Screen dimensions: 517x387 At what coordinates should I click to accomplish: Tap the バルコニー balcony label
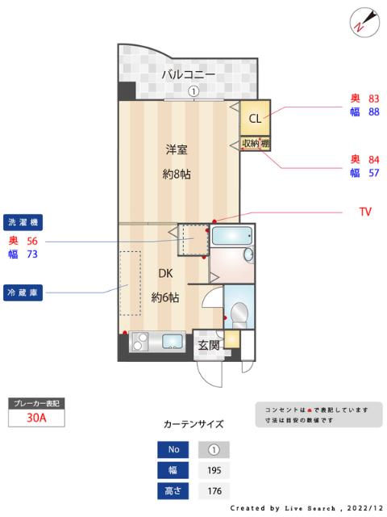pos(188,74)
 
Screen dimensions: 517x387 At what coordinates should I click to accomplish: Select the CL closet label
pos(255,119)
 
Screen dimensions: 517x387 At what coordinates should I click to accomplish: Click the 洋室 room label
pos(177,149)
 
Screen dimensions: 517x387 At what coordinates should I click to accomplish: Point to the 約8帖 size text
pos(177,174)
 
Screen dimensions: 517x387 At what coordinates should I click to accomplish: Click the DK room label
pos(165,272)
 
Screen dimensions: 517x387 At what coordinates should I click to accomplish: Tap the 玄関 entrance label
pos(209,345)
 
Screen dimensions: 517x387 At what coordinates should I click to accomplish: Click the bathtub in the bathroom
pos(231,237)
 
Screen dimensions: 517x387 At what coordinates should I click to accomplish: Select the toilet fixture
pos(239,311)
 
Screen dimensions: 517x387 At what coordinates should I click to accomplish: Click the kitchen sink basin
pos(173,340)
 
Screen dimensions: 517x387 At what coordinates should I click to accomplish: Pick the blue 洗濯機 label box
pos(23,221)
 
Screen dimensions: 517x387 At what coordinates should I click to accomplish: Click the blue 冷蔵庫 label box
pos(23,291)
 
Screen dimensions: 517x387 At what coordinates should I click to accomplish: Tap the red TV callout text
pos(365,212)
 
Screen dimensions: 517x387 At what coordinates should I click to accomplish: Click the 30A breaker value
pos(35,418)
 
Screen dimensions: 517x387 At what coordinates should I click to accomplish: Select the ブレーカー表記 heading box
pos(35,402)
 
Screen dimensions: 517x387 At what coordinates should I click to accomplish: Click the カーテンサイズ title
pos(193,423)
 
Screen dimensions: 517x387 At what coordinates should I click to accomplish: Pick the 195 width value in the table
pos(214,470)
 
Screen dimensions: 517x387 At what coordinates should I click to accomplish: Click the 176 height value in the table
pos(214,490)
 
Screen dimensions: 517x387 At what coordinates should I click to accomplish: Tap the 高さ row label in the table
pos(173,490)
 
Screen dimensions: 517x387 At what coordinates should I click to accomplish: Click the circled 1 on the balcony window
pos(193,91)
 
